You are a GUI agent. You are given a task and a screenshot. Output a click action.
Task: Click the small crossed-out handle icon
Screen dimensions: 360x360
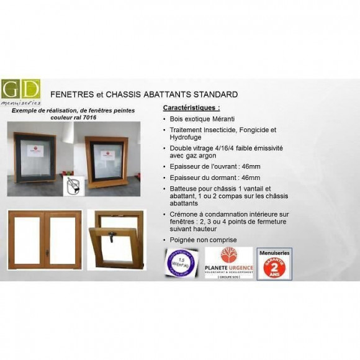click(73, 184)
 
